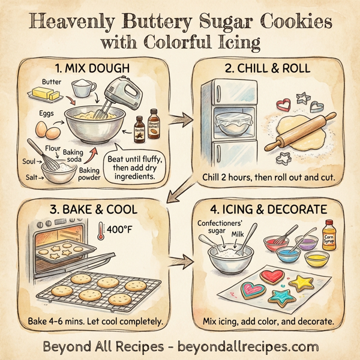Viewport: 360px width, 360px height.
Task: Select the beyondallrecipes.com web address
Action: (247, 346)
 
